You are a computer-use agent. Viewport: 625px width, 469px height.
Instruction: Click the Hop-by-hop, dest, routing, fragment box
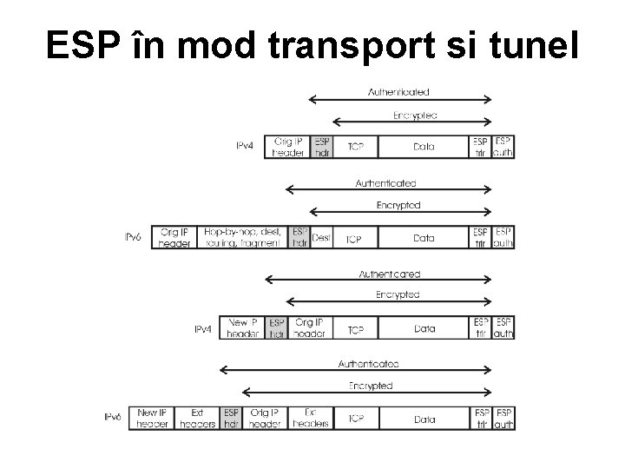coord(241,238)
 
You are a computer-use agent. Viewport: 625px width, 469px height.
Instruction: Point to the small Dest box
coord(321,238)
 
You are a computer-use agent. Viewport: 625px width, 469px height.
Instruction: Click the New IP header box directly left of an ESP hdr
coord(242,328)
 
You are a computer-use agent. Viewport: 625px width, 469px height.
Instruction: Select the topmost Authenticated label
coord(398,92)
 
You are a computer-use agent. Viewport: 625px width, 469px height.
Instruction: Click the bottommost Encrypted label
coord(371,386)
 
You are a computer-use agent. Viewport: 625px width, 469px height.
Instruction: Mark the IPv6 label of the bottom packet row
coord(114,419)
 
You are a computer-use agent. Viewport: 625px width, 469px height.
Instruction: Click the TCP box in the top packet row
coord(355,147)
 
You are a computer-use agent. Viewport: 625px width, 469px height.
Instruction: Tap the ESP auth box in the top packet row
coord(503,147)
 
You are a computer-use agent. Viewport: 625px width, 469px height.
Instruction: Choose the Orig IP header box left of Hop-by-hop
coord(174,238)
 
